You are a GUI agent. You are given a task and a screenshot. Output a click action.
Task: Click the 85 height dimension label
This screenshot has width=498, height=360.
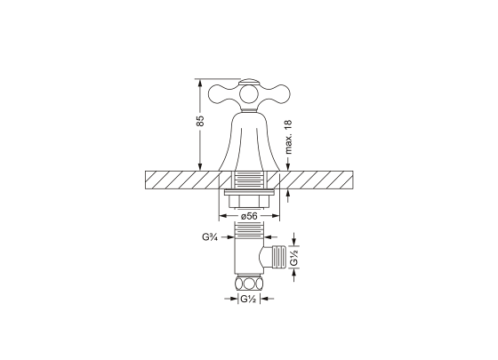[x=200, y=121]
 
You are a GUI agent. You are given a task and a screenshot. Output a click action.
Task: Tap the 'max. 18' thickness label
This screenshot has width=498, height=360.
[x=288, y=137]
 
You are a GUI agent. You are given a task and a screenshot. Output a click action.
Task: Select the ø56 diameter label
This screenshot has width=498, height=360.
[x=249, y=216]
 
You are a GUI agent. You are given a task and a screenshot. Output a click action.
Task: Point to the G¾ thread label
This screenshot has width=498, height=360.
[x=210, y=236]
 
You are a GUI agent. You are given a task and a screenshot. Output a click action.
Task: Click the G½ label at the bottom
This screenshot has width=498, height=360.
[x=248, y=299]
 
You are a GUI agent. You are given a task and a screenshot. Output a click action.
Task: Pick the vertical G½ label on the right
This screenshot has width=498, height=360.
[x=294, y=257]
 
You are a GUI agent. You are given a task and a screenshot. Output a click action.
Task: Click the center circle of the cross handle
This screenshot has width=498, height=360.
[x=249, y=94]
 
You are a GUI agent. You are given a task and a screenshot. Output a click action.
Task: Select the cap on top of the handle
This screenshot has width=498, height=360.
[x=249, y=82]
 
